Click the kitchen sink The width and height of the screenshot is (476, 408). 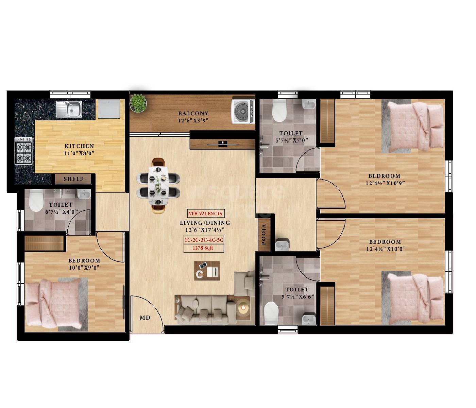click(69, 109)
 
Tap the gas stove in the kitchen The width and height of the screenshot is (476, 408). click(23, 151)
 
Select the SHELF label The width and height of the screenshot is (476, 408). click(73, 179)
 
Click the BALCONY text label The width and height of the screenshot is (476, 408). click(193, 114)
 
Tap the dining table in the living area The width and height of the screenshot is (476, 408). click(158, 186)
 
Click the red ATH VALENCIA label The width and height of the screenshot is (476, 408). click(205, 214)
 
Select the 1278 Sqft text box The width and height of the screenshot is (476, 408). click(203, 248)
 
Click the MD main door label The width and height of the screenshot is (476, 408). click(145, 318)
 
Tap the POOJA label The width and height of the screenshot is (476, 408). click(264, 234)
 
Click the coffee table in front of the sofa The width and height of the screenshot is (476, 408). click(207, 271)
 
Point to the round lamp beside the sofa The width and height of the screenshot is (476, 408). click(243, 308)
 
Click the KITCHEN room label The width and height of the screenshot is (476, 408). click(79, 146)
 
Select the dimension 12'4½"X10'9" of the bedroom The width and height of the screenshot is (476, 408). click(385, 183)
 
